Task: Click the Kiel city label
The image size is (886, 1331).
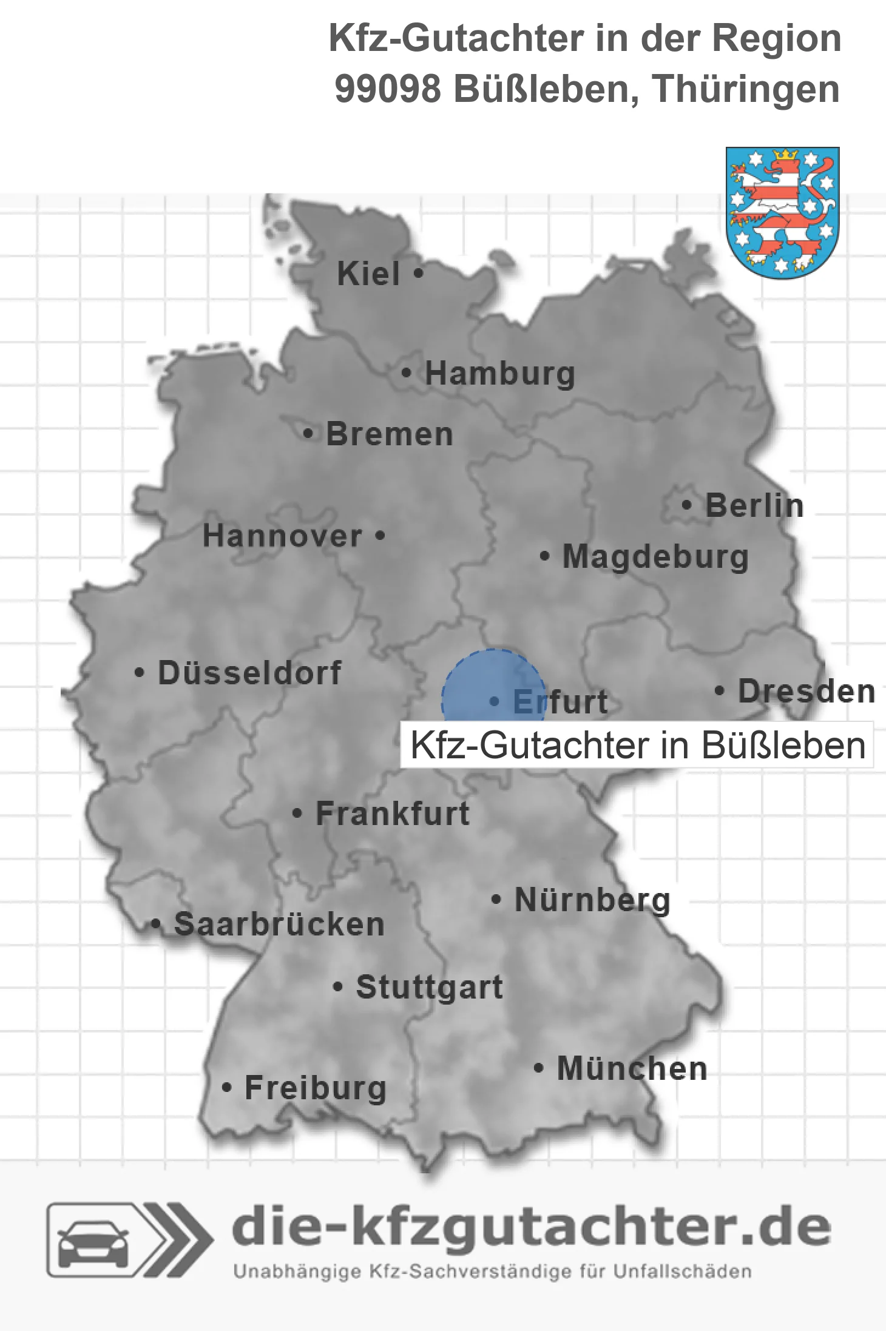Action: (368, 274)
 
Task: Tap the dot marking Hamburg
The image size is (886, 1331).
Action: (407, 373)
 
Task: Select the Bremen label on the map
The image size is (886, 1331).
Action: (389, 434)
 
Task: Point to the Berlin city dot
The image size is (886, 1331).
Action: (686, 505)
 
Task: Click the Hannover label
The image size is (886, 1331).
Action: (282, 536)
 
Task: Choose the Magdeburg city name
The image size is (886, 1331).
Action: (655, 556)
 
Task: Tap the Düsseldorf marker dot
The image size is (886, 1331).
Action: (140, 673)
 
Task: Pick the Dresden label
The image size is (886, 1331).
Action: (807, 691)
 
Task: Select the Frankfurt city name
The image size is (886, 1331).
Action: (393, 814)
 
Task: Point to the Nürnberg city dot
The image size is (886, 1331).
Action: (496, 899)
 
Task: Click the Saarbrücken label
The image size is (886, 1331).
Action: (279, 925)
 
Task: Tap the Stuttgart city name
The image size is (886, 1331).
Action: (429, 987)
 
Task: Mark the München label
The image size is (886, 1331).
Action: (632, 1068)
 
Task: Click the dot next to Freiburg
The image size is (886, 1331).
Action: (227, 1088)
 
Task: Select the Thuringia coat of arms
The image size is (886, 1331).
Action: (782, 212)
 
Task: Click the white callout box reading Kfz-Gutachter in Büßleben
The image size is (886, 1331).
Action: (637, 745)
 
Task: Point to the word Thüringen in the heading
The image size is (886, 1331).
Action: (746, 89)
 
